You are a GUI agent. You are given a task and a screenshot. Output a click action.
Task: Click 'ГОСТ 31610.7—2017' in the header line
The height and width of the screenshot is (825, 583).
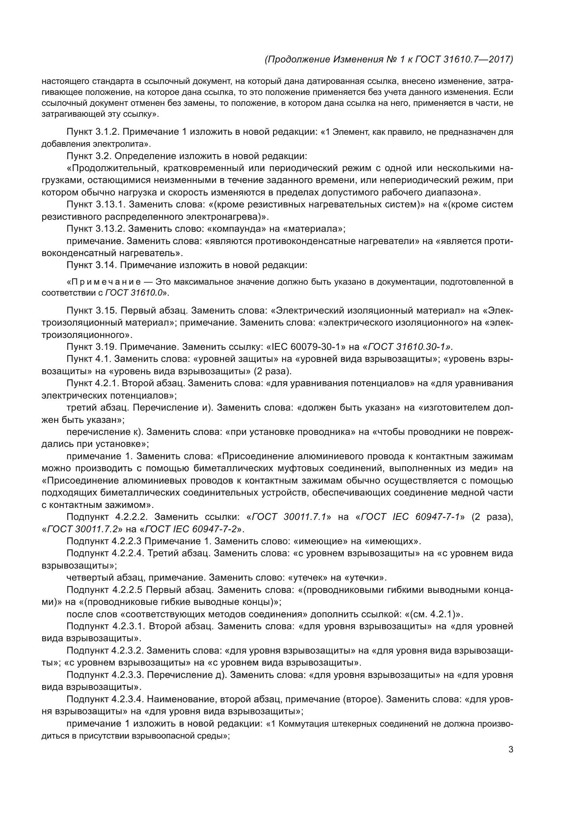tap(464, 59)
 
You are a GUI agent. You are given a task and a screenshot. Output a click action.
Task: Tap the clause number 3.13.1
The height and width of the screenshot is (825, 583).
tap(110, 205)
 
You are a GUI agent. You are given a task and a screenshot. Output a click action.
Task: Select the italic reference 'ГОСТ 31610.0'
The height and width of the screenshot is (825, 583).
tap(134, 292)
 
